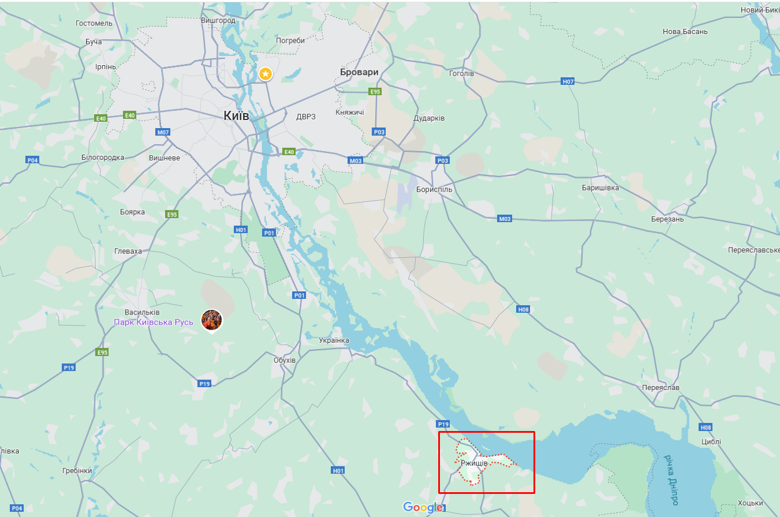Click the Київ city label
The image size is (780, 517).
pyautogui.click(x=236, y=116)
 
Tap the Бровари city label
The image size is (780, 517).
pyautogui.click(x=359, y=73)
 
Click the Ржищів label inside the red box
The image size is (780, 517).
pyautogui.click(x=474, y=463)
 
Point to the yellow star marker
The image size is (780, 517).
pyautogui.click(x=265, y=74)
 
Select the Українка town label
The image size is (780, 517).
pyautogui.click(x=334, y=340)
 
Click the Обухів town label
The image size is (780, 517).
pyautogui.click(x=285, y=360)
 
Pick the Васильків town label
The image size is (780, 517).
pyautogui.click(x=143, y=312)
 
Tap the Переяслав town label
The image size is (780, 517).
pyautogui.click(x=660, y=388)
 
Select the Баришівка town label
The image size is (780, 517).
pyautogui.click(x=600, y=188)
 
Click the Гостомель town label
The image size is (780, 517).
pyautogui.click(x=94, y=23)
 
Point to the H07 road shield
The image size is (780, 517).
pyautogui.click(x=568, y=82)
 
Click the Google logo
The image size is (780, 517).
pyautogui.click(x=423, y=507)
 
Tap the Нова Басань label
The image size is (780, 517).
pyautogui.click(x=685, y=31)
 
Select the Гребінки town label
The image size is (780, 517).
pyautogui.click(x=77, y=471)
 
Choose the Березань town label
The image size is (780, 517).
pyautogui.click(x=667, y=219)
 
